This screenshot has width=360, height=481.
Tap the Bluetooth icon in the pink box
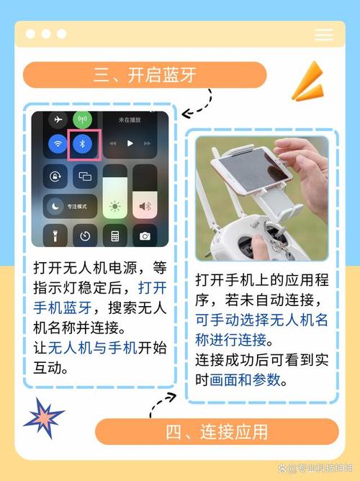pos(83,144)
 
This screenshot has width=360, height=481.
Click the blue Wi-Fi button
pos(56,144)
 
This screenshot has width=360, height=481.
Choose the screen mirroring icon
pos(85,176)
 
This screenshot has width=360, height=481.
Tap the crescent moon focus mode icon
pos(56,206)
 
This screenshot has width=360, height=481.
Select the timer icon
pos(85,235)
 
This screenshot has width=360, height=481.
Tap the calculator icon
pos(114,235)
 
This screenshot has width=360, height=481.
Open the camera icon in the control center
pos(145,235)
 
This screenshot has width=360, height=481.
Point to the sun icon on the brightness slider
pos(114,207)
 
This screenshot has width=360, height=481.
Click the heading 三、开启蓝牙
pos(145,75)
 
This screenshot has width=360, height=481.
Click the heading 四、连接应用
pos(217,431)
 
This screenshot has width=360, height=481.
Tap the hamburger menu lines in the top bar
pos(324,35)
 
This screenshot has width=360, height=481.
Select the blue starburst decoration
pos(43,417)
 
